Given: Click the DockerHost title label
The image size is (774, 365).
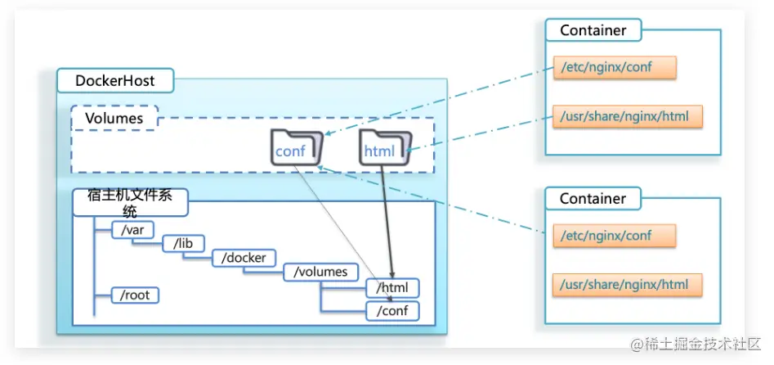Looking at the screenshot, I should click(x=115, y=81).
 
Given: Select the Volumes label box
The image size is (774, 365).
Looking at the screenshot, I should click(x=114, y=119).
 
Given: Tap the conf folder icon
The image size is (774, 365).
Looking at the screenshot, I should click(x=295, y=148).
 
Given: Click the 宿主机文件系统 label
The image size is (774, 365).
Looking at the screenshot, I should click(x=129, y=203).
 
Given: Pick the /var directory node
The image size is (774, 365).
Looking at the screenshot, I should click(x=132, y=230).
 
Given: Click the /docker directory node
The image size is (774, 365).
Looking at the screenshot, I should click(x=244, y=258).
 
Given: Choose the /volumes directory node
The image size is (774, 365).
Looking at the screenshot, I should click(x=320, y=272).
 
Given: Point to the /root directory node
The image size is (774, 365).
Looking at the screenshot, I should click(x=134, y=295).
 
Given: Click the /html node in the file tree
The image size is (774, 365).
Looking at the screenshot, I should click(x=392, y=288).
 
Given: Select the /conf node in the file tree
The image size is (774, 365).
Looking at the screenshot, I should click(x=392, y=311).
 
